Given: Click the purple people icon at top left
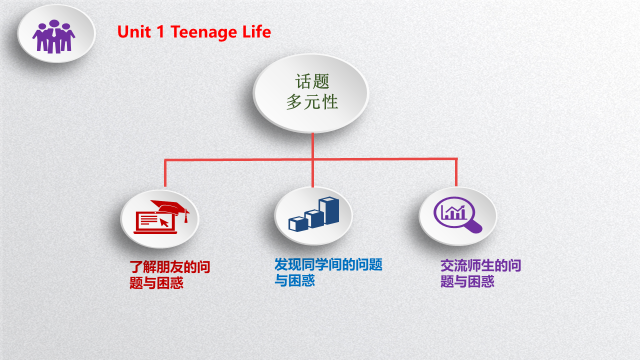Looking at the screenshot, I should click(54, 36).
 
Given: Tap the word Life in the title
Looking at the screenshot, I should click(255, 32).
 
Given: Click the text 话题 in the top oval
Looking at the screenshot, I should click(311, 82).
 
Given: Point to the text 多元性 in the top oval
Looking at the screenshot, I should click(311, 102).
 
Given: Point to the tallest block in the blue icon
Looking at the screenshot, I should click(331, 209).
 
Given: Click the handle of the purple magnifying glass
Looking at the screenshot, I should click(474, 227).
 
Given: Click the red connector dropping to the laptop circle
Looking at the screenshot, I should click(166, 174).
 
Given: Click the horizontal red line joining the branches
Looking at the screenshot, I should click(240, 158).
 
